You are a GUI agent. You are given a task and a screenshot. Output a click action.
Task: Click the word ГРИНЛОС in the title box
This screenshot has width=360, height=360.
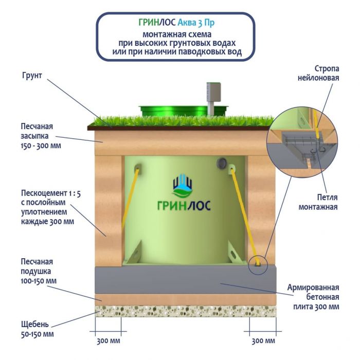(x=157, y=23)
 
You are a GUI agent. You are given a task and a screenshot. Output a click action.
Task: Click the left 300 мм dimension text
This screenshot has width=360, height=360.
(x=108, y=341)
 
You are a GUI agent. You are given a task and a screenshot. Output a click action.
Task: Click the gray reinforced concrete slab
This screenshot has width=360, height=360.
(x=185, y=280)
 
